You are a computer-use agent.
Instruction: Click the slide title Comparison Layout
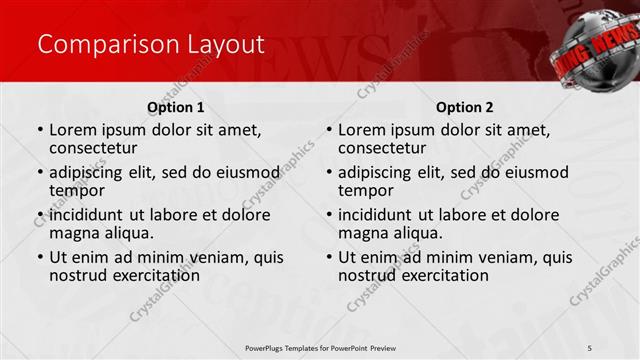(x=151, y=44)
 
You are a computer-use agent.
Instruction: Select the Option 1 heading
(x=176, y=107)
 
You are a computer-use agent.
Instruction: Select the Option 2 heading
(x=465, y=107)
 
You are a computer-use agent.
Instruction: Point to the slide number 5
(x=591, y=347)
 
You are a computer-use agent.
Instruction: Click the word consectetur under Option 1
(x=96, y=148)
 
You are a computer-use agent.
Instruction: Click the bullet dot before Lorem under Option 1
(x=40, y=130)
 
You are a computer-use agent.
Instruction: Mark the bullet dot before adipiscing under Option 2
(x=329, y=172)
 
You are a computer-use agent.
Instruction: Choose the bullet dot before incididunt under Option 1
(x=40, y=215)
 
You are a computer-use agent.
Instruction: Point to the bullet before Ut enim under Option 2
(x=329, y=258)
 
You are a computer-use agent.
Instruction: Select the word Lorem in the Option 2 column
(x=363, y=129)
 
